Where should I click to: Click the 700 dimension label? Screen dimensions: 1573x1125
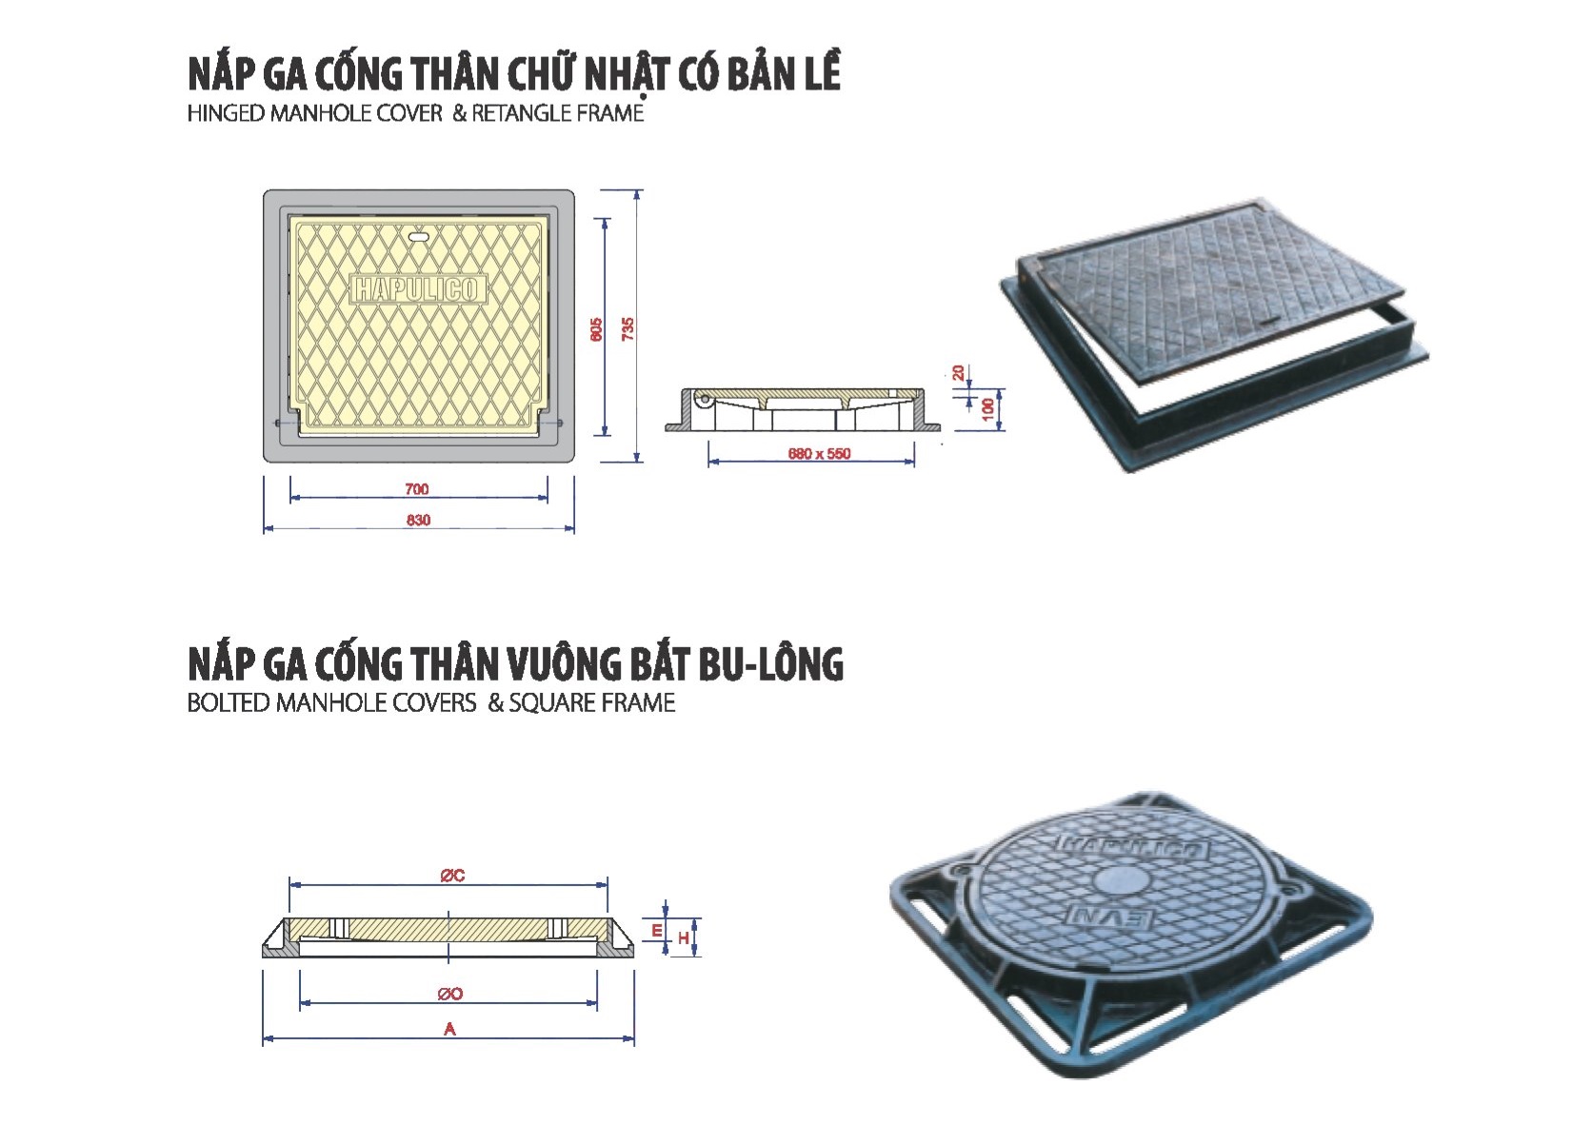pyautogui.click(x=416, y=488)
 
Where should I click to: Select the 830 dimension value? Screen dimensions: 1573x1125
pyautogui.click(x=418, y=520)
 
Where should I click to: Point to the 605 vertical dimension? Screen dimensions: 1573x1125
pyautogui.click(x=596, y=329)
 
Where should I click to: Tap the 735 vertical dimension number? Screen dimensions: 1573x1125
pyautogui.click(x=627, y=329)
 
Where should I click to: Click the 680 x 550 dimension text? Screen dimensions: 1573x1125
pyautogui.click(x=819, y=453)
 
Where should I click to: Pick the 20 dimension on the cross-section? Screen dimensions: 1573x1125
pyautogui.click(x=959, y=372)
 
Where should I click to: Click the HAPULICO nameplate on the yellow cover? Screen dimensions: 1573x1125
pyautogui.click(x=418, y=288)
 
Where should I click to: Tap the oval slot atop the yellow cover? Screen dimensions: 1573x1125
pyautogui.click(x=421, y=235)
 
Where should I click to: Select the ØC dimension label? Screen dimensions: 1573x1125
pyautogui.click(x=452, y=876)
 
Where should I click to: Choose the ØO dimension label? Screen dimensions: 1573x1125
pyautogui.click(x=450, y=994)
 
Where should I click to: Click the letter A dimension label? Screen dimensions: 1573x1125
pyautogui.click(x=450, y=1029)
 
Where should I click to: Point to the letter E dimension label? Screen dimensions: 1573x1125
pyautogui.click(x=657, y=931)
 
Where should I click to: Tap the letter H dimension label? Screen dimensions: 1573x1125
pyautogui.click(x=683, y=937)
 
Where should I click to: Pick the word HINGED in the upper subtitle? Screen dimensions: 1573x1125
pyautogui.click(x=226, y=113)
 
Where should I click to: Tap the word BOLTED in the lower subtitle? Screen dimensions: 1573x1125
pyautogui.click(x=229, y=702)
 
